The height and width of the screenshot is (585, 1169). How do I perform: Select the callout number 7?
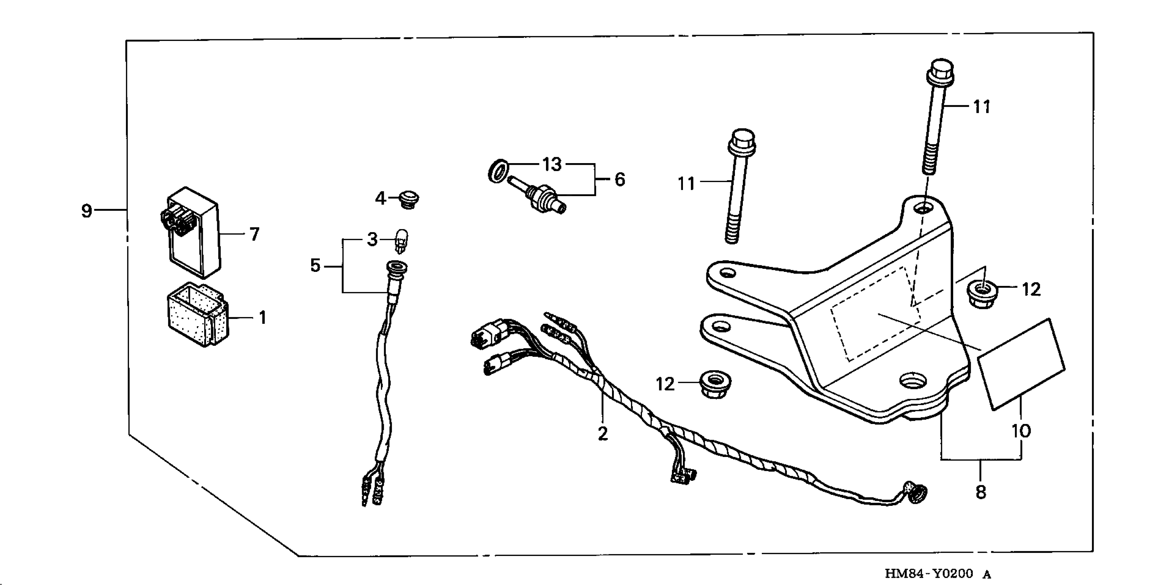point(255,234)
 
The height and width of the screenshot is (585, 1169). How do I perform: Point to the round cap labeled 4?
point(409,200)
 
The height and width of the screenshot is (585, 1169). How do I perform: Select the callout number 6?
point(620,180)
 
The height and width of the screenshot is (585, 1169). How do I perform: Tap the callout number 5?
point(315,265)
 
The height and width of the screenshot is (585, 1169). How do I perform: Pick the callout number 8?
point(981,492)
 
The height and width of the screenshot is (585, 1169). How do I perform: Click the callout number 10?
point(1021,430)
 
